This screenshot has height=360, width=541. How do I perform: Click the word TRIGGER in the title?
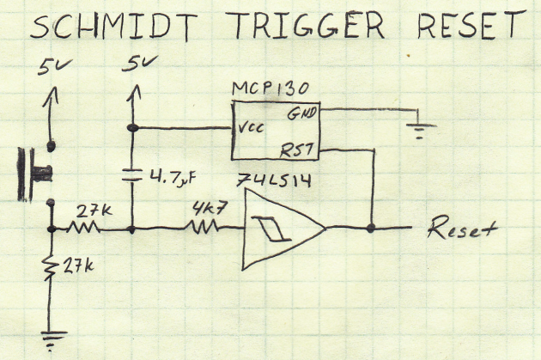(305, 28)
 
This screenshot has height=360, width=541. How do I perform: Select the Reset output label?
(463, 230)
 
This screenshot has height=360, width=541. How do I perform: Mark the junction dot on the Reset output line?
(371, 229)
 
